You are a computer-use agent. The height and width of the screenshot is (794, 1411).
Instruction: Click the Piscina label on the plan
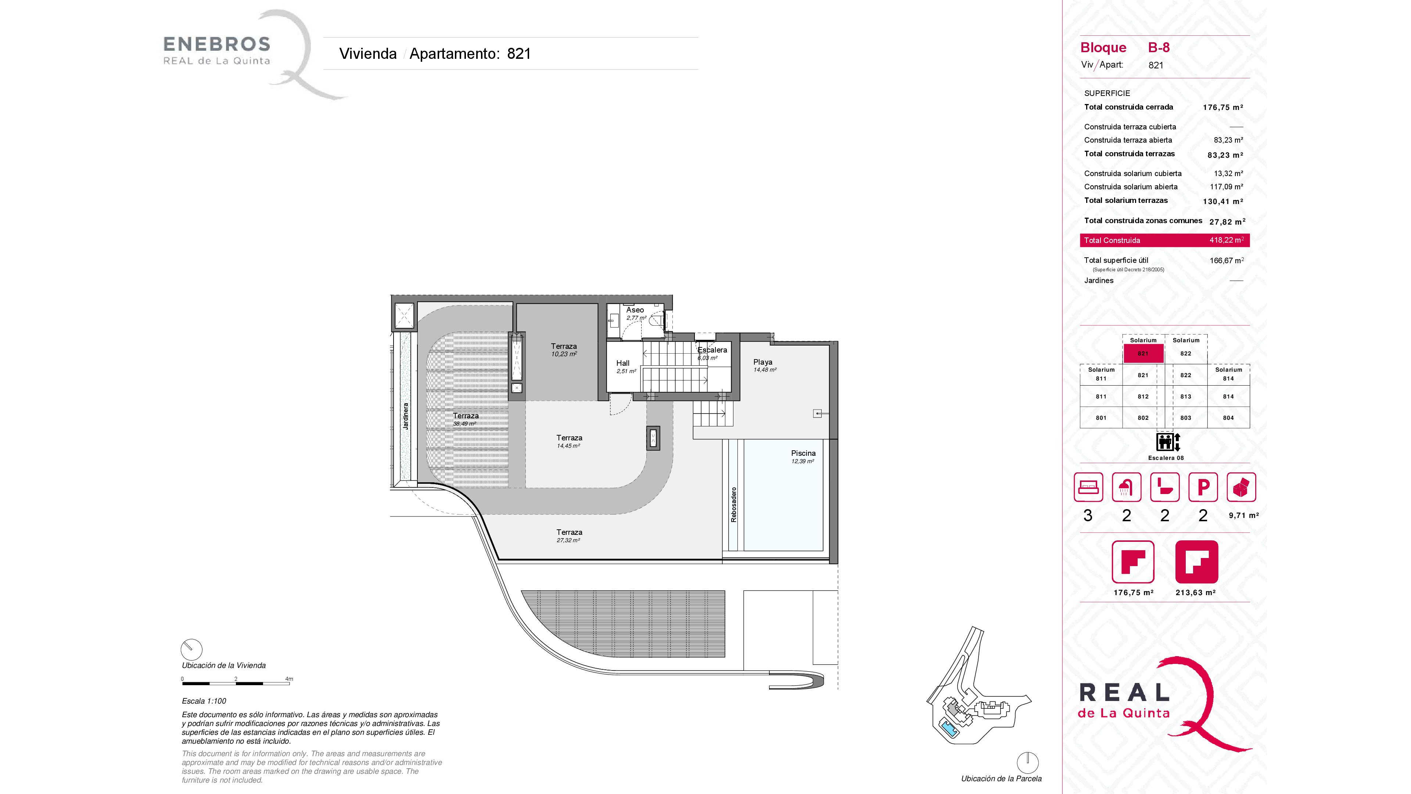point(803,453)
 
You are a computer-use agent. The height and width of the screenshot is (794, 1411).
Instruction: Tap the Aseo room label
point(635,310)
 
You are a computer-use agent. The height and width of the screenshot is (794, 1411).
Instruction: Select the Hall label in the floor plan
point(623,363)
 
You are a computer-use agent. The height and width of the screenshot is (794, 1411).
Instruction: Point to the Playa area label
point(762,362)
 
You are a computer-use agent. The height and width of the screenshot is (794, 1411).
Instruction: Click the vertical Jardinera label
point(406,416)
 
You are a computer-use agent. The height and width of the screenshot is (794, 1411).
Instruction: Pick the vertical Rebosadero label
point(733,505)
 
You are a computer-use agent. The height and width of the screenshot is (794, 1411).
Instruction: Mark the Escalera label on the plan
point(712,350)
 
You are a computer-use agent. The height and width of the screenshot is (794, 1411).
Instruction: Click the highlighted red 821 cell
point(1143,353)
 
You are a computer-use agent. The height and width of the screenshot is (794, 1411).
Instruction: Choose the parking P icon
point(1203,487)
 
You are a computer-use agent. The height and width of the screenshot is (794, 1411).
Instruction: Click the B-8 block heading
point(1159,48)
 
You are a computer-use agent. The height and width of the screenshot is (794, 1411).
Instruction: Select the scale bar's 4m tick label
point(289,679)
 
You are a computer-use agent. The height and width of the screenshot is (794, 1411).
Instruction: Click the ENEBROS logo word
point(217,44)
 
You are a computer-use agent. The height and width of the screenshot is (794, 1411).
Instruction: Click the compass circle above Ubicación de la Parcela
point(1028,763)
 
